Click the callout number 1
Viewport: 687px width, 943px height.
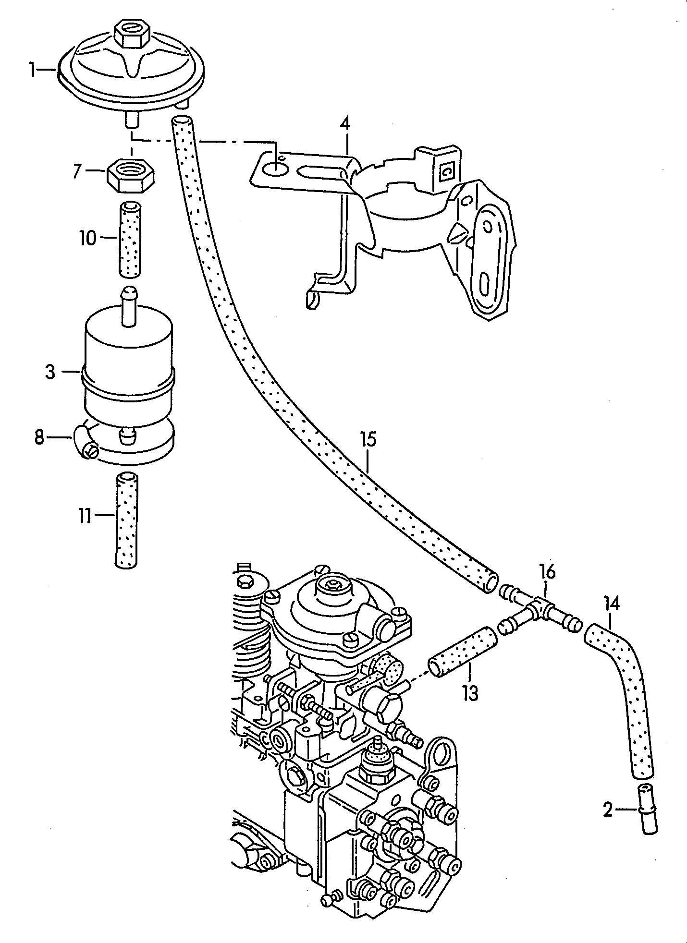click(x=32, y=71)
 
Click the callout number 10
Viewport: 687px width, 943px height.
click(x=88, y=238)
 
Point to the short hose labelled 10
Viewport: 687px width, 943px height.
click(x=131, y=239)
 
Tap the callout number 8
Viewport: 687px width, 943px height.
click(x=39, y=437)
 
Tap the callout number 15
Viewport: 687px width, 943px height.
click(x=369, y=440)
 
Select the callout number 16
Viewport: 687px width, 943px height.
click(x=547, y=572)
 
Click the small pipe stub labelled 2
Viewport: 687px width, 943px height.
click(x=646, y=811)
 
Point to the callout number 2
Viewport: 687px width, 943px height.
click(x=608, y=811)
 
